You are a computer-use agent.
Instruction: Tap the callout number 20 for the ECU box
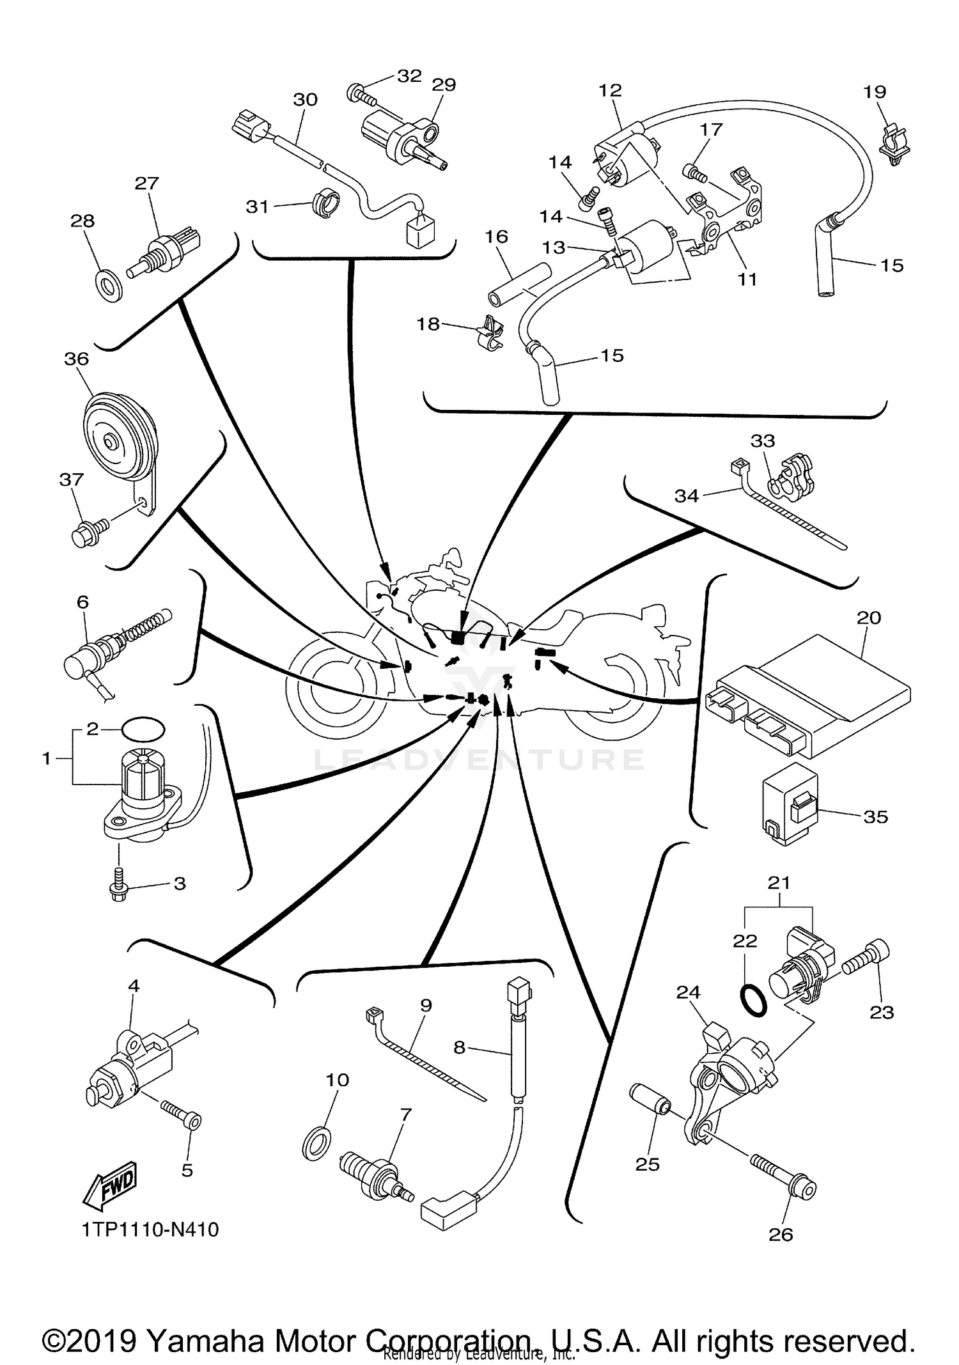869,618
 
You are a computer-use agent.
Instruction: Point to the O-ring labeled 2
143,728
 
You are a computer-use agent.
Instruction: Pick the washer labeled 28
110,286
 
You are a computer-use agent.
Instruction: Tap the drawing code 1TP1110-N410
150,1229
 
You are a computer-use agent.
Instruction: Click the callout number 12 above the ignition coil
610,90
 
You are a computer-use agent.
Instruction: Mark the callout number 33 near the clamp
763,441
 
